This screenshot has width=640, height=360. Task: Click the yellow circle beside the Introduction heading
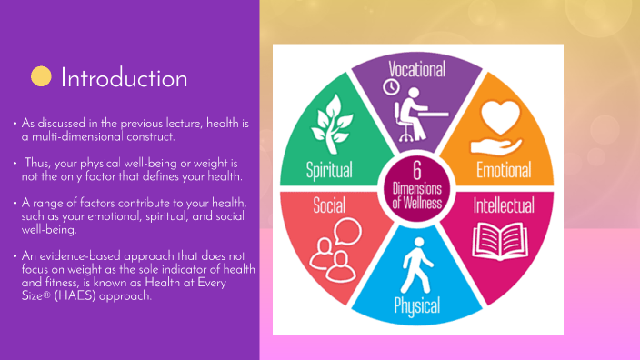click(x=41, y=76)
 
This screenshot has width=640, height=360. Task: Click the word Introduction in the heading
click(x=124, y=78)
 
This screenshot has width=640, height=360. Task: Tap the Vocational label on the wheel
click(x=417, y=69)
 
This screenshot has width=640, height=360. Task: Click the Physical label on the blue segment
click(x=417, y=305)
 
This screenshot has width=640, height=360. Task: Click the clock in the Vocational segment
click(x=392, y=86)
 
